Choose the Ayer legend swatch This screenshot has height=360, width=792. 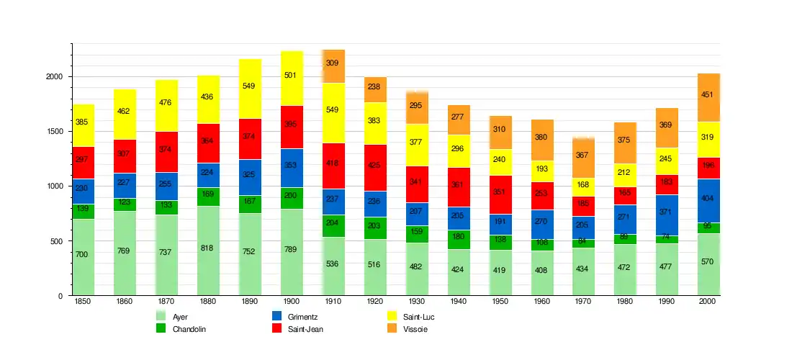point(161,316)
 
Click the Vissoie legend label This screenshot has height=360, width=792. point(415,329)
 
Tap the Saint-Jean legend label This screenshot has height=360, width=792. point(306,329)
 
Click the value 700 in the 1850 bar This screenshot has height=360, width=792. point(82,255)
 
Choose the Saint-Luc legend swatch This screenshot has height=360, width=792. point(392,316)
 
